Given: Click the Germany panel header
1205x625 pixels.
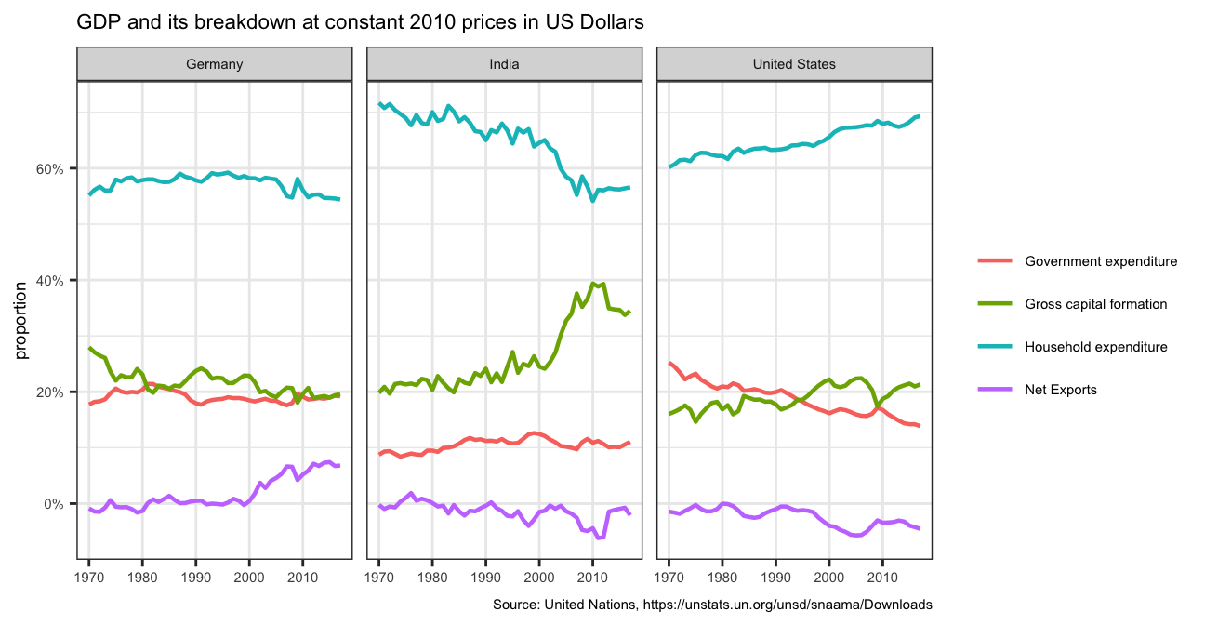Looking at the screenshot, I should click(214, 64).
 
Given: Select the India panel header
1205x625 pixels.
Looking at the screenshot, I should click(504, 64).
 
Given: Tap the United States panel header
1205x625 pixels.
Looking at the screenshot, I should click(794, 64).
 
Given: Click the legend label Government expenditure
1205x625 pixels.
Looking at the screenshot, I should click(1101, 261).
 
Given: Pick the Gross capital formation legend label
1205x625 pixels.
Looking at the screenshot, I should click(1095, 304).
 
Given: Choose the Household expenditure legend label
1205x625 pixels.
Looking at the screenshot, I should click(1095, 347).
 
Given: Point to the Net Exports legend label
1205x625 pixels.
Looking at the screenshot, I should click(1061, 390).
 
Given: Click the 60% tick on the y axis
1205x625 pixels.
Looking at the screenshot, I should click(48, 169).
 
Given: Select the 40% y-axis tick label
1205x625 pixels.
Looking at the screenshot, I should click(48, 281).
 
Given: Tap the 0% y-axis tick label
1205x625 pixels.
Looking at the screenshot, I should click(52, 504).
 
